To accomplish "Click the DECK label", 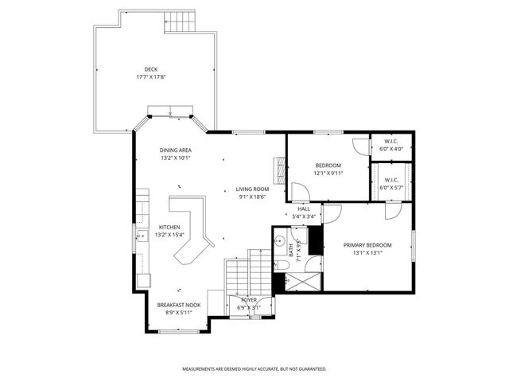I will [150, 68].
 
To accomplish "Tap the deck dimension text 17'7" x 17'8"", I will [150, 77].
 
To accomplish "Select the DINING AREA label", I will [175, 150].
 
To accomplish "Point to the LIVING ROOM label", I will [253, 189].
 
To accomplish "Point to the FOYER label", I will [249, 300].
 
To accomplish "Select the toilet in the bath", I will [282, 266].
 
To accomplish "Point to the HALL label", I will [304, 209].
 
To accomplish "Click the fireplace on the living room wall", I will [278, 170].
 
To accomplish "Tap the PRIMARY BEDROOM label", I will [367, 245].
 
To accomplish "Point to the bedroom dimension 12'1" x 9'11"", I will [328, 173].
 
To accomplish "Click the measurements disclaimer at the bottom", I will [254, 369].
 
